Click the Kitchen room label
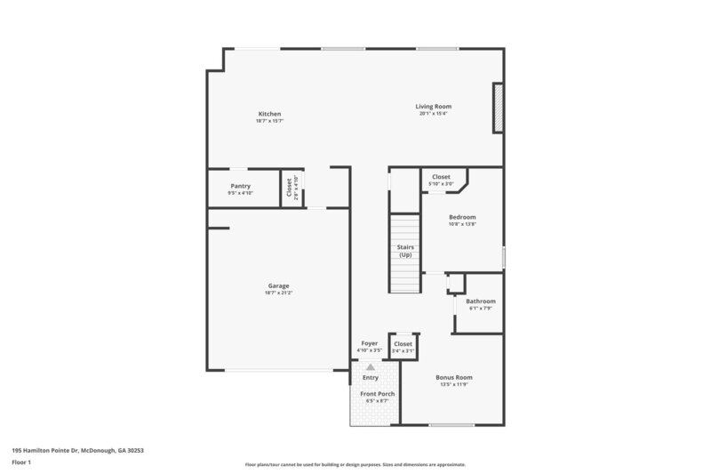pos(269,114)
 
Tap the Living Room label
pos(434,107)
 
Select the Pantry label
pos(240,186)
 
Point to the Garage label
pos(278,285)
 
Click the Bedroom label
pos(462,217)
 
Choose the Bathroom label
pos(481,301)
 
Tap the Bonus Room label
pos(453,377)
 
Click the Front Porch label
pos(378,393)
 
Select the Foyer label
pos(370,343)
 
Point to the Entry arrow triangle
pos(371,366)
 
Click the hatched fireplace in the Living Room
pos(498,108)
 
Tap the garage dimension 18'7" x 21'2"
pos(278,293)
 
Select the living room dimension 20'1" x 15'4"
pos(434,114)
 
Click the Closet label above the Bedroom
pos(441,177)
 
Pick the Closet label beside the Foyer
pos(403,344)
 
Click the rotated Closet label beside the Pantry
pos(289,188)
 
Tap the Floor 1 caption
pos(22,463)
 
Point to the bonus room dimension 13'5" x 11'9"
pos(453,384)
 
